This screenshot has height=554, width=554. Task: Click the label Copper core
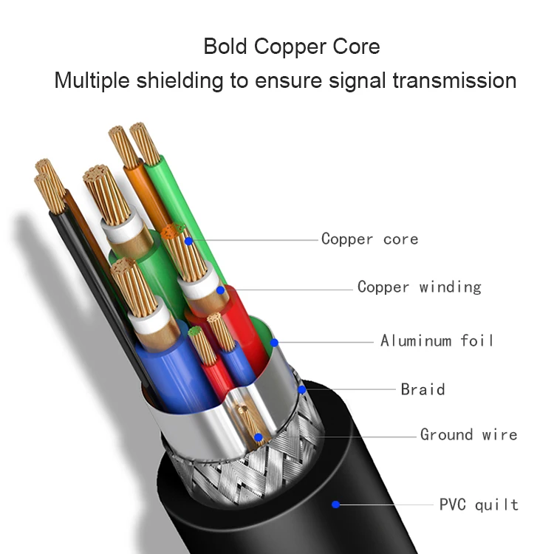point(369,239)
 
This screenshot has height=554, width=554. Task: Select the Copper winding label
point(419,287)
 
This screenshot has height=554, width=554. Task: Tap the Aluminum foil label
point(437,341)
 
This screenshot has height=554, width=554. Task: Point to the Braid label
point(423,389)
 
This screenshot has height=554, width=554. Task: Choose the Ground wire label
point(468,434)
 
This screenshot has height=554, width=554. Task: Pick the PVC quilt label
point(479,505)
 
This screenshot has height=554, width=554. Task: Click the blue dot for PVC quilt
point(336,505)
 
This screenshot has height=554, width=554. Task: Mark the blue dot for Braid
point(302,389)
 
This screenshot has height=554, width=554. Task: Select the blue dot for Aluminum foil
point(274,342)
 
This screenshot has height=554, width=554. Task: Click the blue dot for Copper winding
point(221,290)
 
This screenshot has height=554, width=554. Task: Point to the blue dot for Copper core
point(189,241)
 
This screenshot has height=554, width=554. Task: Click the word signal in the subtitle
point(349,81)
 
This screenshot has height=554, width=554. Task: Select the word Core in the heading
point(357,47)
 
